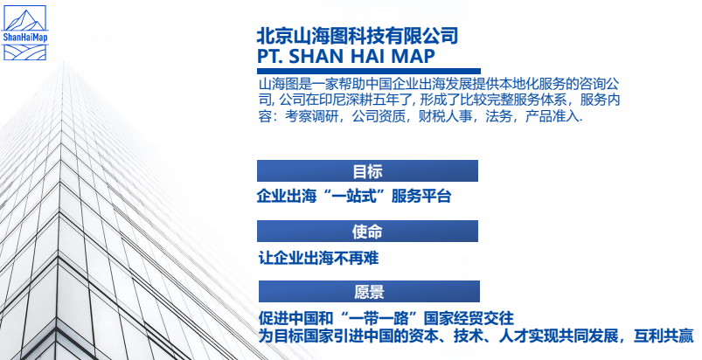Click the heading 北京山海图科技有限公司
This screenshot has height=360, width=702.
[357, 36]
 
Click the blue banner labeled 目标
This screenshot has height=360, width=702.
[368, 171]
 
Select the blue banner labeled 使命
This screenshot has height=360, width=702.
[368, 232]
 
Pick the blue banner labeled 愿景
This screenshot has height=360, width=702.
[368, 292]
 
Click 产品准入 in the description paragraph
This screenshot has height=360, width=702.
[553, 116]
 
